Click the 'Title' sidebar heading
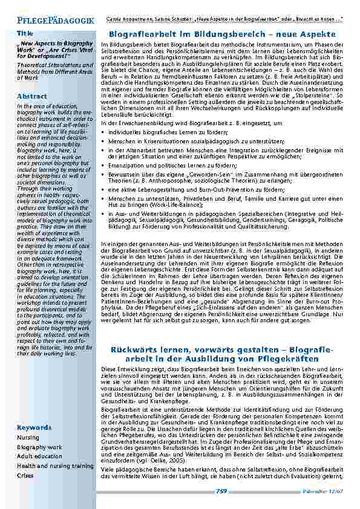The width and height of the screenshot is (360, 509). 25,33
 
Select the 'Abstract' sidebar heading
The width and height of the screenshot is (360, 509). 32,96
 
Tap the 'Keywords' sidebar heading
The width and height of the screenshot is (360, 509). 34,427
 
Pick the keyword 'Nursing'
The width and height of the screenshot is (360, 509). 28,437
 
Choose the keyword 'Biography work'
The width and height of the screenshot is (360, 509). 39,447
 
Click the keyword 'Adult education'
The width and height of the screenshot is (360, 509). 41,456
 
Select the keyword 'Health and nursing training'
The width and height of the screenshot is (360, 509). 55,466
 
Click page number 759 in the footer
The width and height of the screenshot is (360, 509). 221,491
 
